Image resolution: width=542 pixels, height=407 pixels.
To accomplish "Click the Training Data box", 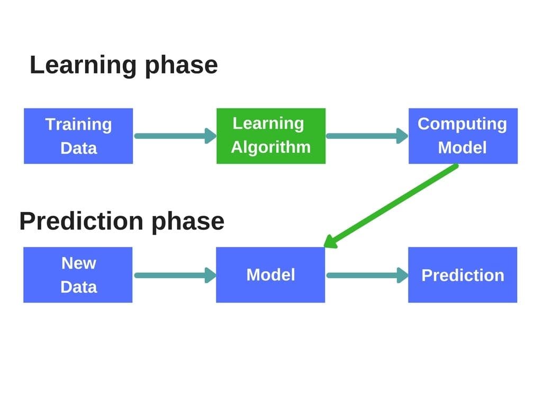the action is (78, 136).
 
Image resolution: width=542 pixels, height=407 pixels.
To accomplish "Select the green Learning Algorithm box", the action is (271, 136).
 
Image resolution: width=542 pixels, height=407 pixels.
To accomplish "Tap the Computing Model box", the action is (463, 136).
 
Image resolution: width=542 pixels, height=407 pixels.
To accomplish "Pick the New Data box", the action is (78, 275).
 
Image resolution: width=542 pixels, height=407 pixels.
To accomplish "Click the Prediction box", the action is (463, 275).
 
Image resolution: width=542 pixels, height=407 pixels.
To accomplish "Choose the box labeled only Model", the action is (270, 275).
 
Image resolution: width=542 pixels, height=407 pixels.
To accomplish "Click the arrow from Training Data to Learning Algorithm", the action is (175, 136).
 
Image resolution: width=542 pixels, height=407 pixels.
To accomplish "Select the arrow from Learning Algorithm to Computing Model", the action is (367, 136).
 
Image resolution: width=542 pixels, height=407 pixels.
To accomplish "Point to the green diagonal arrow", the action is (391, 206).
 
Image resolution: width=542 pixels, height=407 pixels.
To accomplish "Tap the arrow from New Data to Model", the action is (175, 275).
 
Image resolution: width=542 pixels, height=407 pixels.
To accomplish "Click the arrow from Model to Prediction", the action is (367, 275).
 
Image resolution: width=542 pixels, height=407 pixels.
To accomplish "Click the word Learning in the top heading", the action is (83, 66).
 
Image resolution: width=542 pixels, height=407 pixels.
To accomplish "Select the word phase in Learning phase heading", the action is (182, 66).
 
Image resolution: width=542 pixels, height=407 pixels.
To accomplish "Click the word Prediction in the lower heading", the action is (81, 221).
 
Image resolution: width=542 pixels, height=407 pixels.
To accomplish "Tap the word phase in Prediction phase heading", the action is (188, 222).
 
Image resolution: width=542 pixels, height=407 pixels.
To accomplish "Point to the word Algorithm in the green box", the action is (271, 148).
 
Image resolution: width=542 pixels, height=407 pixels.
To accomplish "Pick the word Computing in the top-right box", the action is (462, 125).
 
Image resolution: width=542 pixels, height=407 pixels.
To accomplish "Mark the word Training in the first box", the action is (78, 125).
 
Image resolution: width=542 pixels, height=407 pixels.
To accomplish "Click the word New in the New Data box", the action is (79, 263).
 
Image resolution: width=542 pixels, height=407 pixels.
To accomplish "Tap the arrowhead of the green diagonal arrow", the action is (331, 241).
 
